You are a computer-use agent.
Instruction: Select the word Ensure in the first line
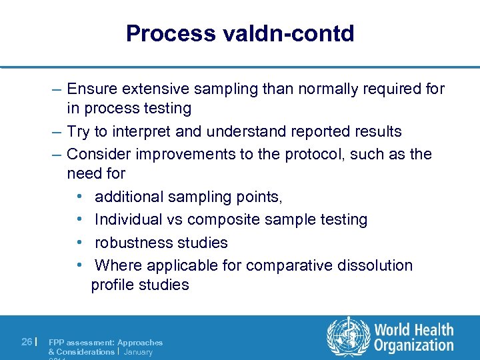click(94, 89)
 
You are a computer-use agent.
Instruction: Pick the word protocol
click(306, 154)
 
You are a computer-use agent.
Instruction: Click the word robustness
click(134, 243)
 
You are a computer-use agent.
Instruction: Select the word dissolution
click(375, 265)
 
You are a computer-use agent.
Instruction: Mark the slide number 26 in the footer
click(27, 342)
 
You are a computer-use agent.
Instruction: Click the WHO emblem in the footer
click(347, 337)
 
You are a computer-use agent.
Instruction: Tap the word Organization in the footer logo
click(413, 345)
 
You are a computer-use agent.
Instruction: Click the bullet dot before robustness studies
click(79, 243)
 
